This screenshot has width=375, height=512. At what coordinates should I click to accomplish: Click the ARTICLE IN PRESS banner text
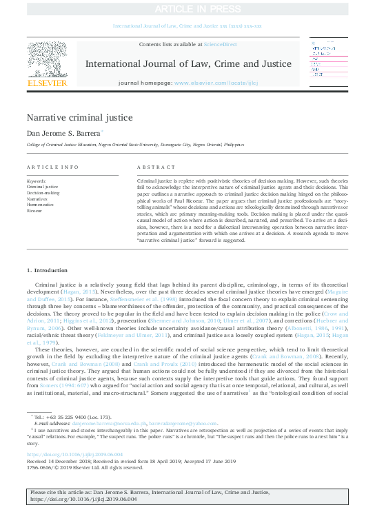coord(187,9)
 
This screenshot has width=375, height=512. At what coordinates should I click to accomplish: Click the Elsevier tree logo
coord(47,59)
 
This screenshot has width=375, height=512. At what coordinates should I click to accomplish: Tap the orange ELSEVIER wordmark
coord(47,83)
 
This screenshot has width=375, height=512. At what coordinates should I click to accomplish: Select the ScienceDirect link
coord(221,44)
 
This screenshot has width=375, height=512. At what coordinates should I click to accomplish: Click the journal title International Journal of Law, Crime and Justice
coord(187,63)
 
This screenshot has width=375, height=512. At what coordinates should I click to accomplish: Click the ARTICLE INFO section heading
coord(52,167)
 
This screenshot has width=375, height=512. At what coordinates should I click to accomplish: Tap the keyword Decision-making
coord(43,193)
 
